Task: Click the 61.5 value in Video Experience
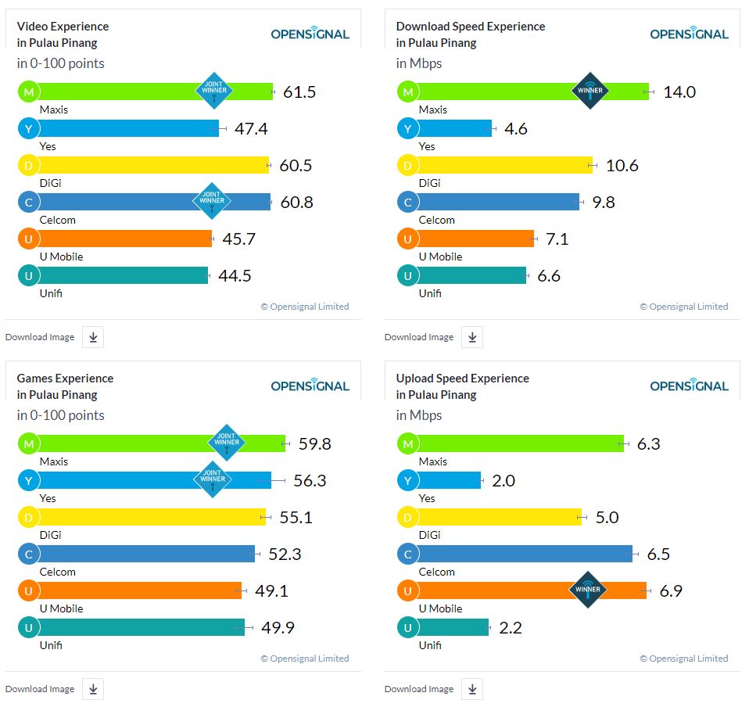tap(299, 92)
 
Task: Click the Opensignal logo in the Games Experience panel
tap(310, 385)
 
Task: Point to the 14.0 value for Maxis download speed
tap(679, 92)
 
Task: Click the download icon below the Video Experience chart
tap(93, 337)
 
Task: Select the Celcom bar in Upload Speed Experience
tap(524, 554)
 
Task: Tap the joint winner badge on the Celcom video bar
tap(212, 201)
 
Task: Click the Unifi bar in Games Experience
tap(141, 627)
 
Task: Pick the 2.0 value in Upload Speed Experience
tap(504, 481)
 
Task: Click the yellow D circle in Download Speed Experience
tap(407, 165)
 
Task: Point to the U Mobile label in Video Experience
tap(61, 257)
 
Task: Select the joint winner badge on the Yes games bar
tap(212, 479)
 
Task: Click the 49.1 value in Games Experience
tap(271, 591)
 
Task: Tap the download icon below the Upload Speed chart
tap(472, 689)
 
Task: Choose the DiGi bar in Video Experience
tap(152, 165)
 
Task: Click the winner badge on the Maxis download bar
tap(590, 91)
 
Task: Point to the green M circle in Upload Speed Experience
tap(407, 444)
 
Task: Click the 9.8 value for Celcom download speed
tap(604, 203)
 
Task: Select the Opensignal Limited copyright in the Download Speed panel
tap(683, 307)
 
